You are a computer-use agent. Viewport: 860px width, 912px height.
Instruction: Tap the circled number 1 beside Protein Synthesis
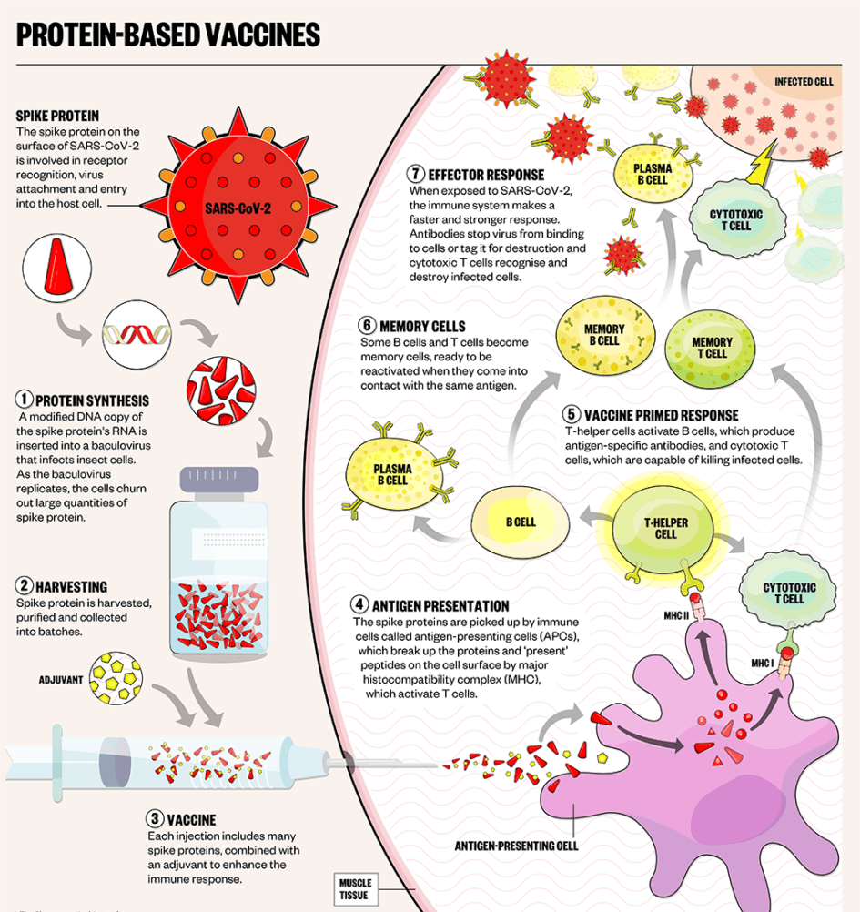click(25, 400)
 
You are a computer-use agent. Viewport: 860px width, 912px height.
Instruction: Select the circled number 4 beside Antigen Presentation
click(360, 605)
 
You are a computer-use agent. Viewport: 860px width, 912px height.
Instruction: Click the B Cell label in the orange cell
click(521, 523)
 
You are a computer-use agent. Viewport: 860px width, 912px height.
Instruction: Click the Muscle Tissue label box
click(354, 888)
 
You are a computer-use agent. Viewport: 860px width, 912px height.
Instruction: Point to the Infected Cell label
click(804, 82)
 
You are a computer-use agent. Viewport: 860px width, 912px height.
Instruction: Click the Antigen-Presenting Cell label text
click(516, 846)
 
